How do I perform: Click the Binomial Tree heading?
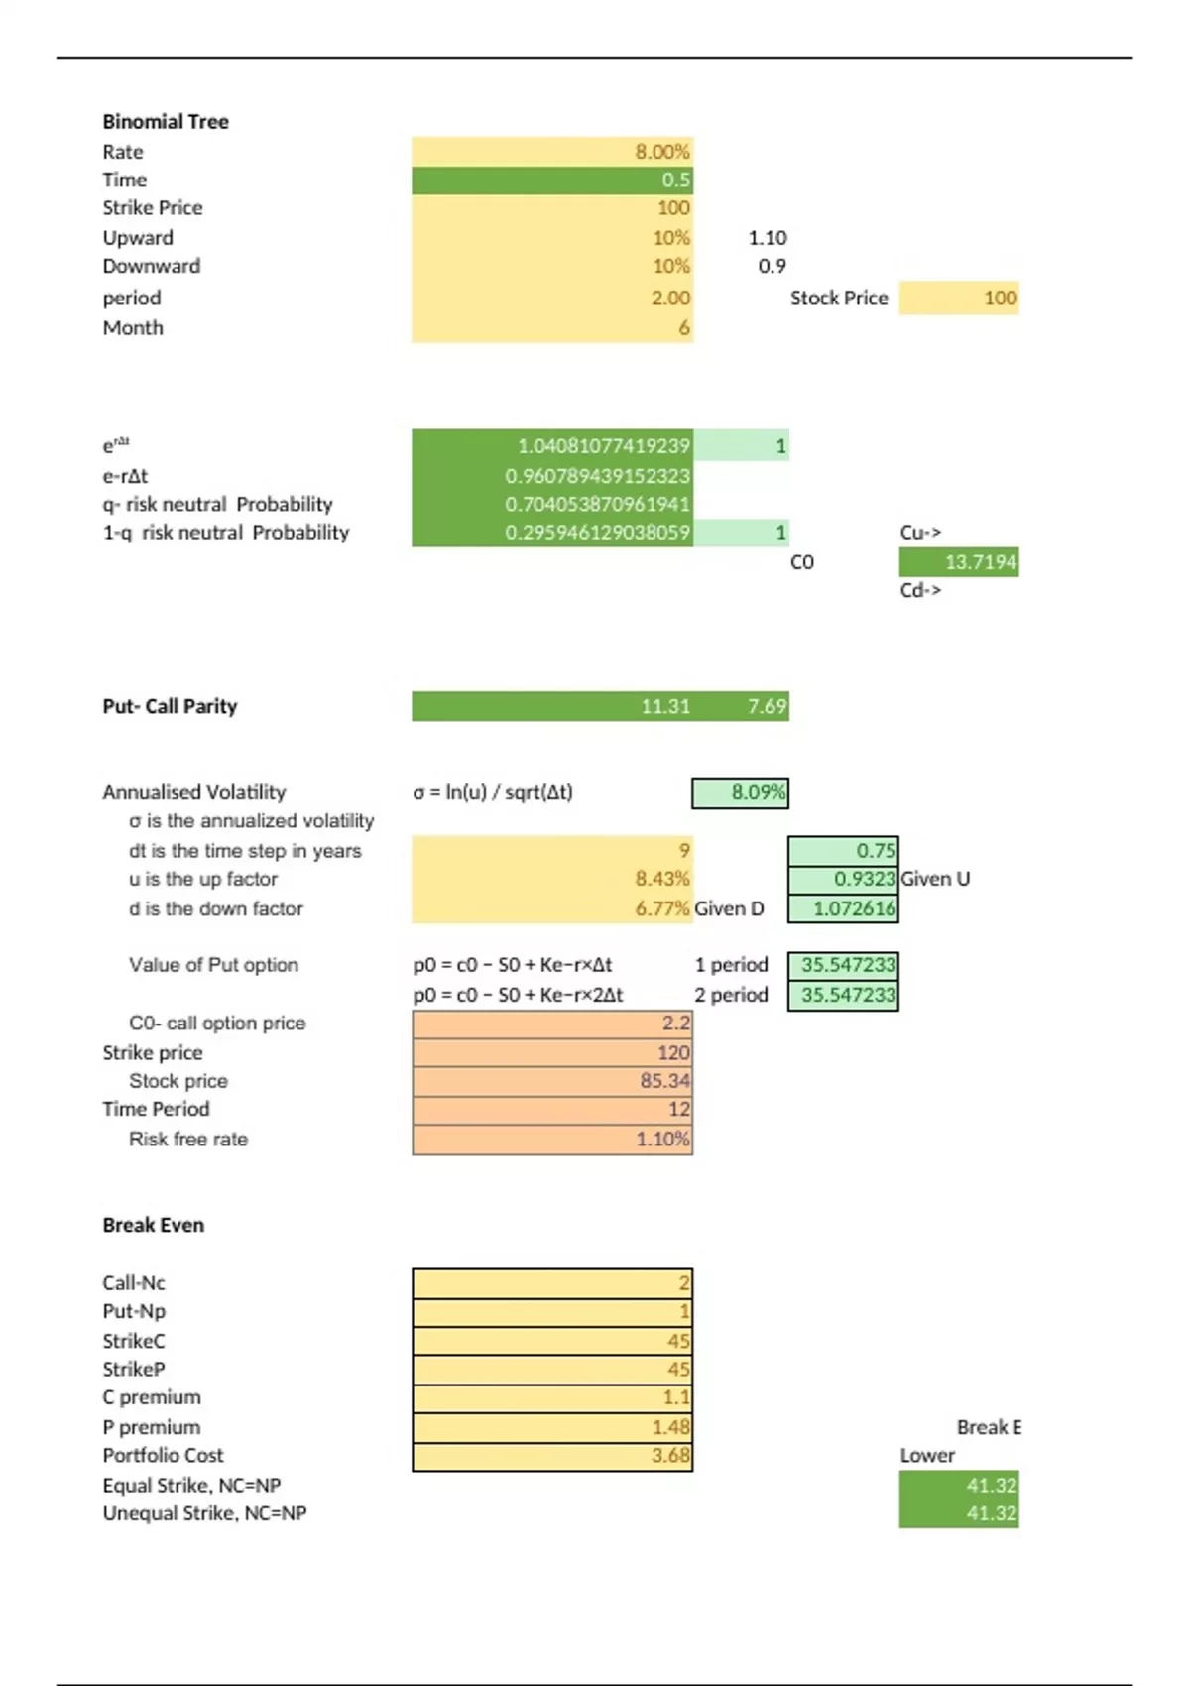click(166, 122)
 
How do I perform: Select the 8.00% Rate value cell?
click(552, 152)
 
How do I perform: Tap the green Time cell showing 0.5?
click(552, 181)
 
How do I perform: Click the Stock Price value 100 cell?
click(959, 298)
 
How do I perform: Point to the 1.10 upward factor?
click(768, 238)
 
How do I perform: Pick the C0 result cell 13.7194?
click(959, 562)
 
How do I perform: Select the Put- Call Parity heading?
click(170, 706)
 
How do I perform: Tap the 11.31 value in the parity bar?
click(664, 706)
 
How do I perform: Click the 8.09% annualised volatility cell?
click(741, 792)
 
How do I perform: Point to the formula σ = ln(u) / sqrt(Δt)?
click(493, 792)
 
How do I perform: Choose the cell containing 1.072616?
click(844, 908)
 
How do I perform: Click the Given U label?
click(935, 879)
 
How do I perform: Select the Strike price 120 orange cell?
click(552, 1052)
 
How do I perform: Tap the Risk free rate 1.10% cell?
click(552, 1140)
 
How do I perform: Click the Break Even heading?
click(154, 1225)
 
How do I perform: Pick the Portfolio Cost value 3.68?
click(552, 1456)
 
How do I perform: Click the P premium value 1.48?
click(552, 1427)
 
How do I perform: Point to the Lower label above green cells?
click(927, 1456)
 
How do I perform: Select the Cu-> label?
click(920, 533)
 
